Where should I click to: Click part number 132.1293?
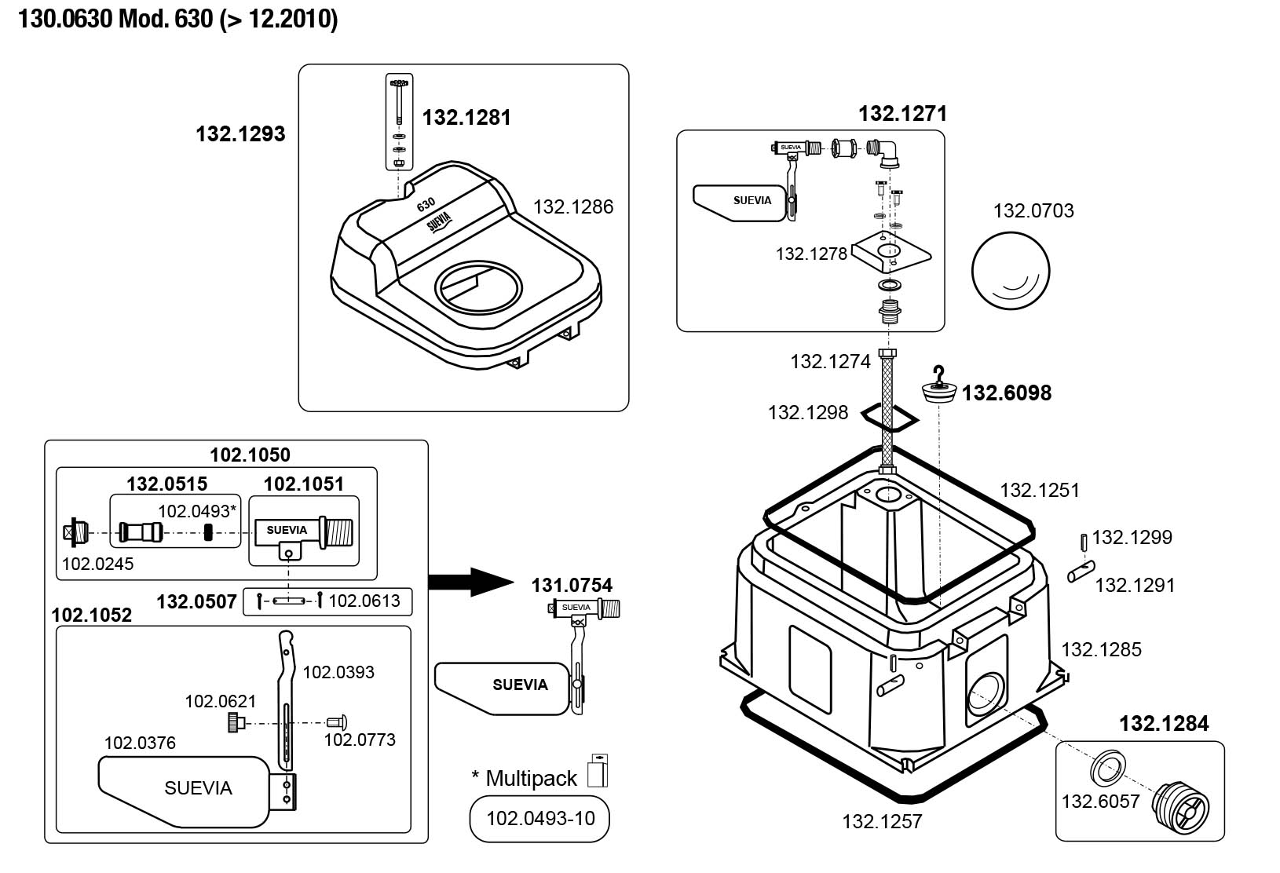point(240,134)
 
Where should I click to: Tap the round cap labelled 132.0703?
point(1011,270)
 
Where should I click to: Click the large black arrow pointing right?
point(471,582)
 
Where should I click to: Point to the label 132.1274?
point(830,362)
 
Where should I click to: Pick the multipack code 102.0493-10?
point(540,818)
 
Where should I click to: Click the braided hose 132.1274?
point(887,411)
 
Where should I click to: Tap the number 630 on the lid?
point(426,205)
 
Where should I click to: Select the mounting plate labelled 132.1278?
point(891,251)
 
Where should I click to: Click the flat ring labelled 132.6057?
point(1108,769)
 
